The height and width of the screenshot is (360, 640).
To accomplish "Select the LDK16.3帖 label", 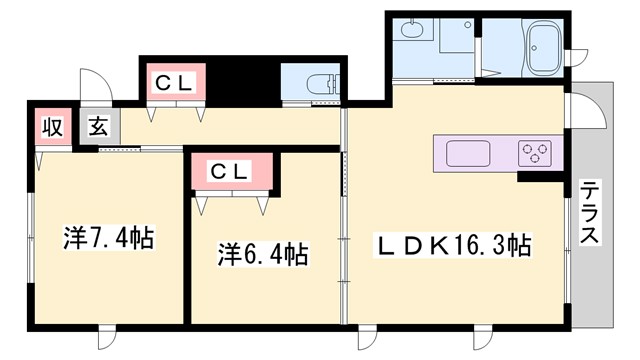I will (x=452, y=243).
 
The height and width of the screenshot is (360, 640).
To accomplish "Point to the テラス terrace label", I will (x=590, y=212).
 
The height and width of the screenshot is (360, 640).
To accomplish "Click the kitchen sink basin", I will (x=468, y=154).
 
